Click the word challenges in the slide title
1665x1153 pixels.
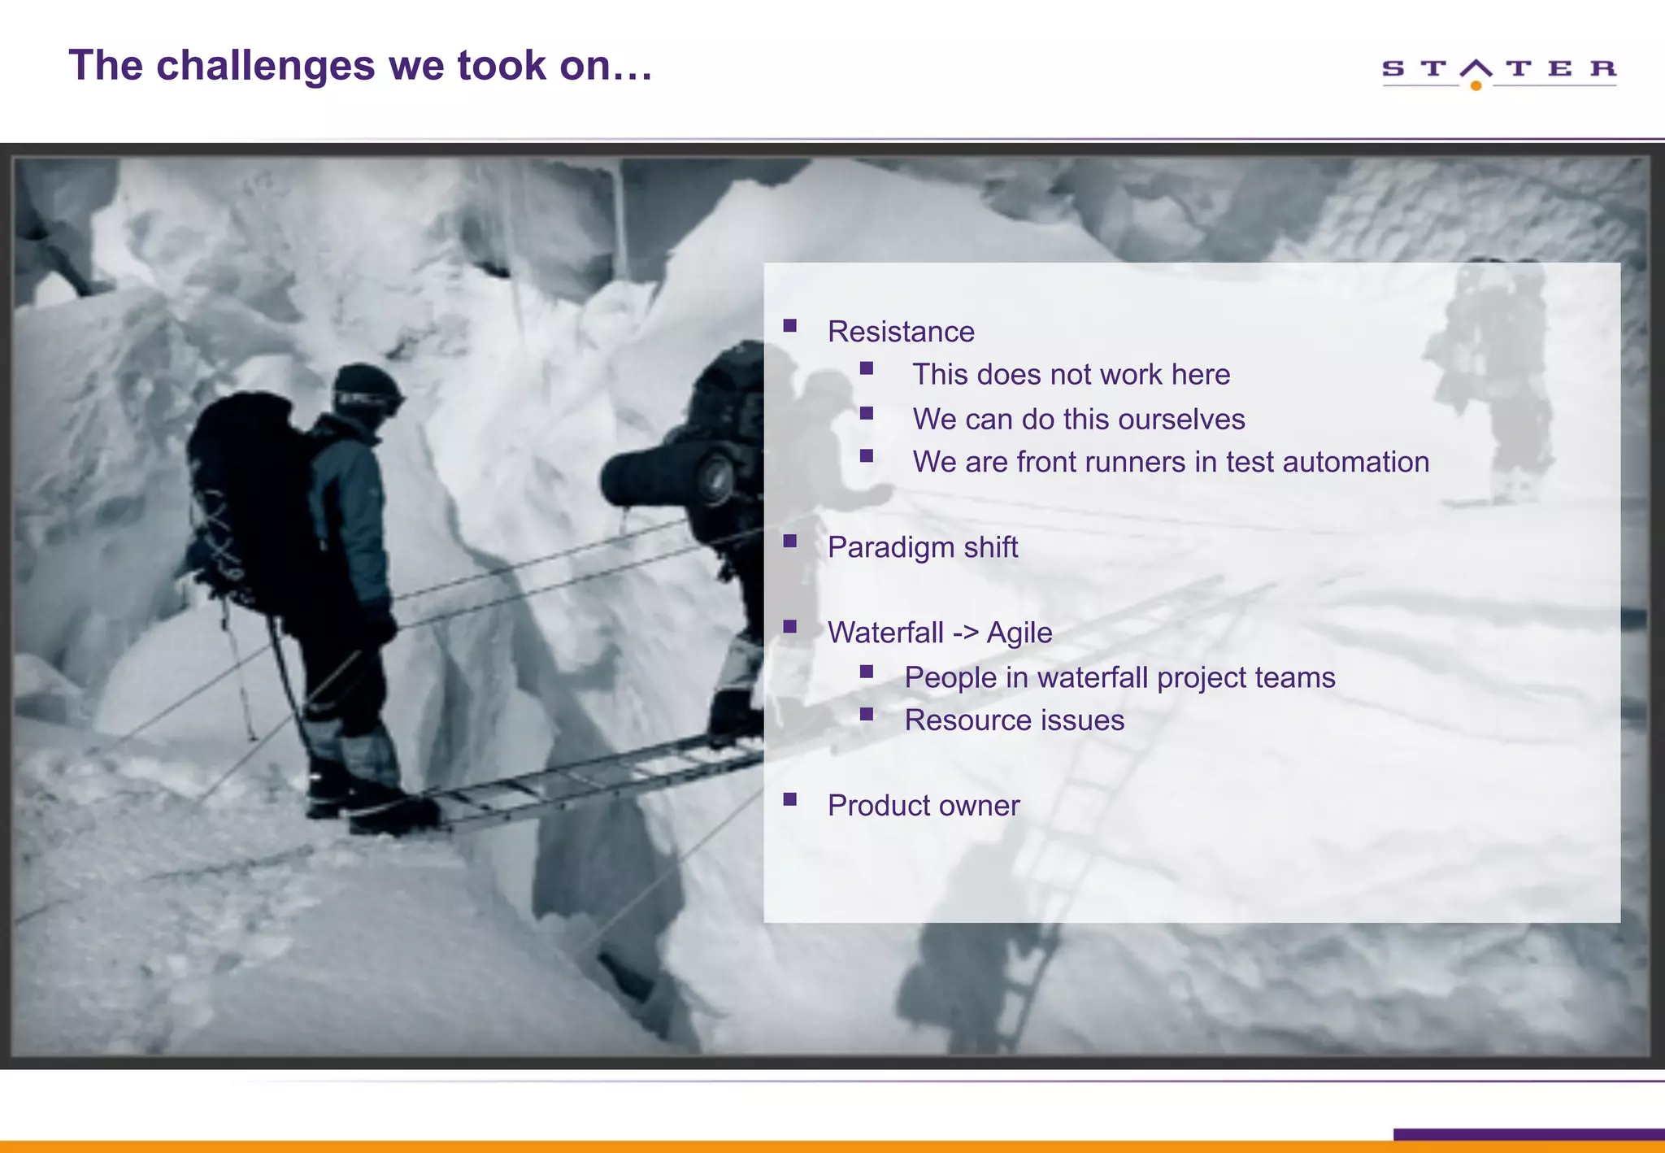[265, 66]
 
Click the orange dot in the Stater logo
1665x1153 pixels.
[1476, 85]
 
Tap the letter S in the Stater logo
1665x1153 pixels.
[1393, 68]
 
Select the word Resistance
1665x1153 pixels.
[901, 332]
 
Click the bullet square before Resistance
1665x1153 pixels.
[789, 326]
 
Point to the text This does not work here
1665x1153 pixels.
[1071, 375]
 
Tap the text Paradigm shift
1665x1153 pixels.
[922, 547]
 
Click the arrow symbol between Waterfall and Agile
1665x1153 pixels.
[965, 633]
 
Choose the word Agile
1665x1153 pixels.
[1019, 633]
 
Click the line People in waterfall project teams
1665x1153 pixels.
[1119, 677]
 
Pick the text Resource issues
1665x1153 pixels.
[1014, 720]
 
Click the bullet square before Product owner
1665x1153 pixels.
[789, 799]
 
